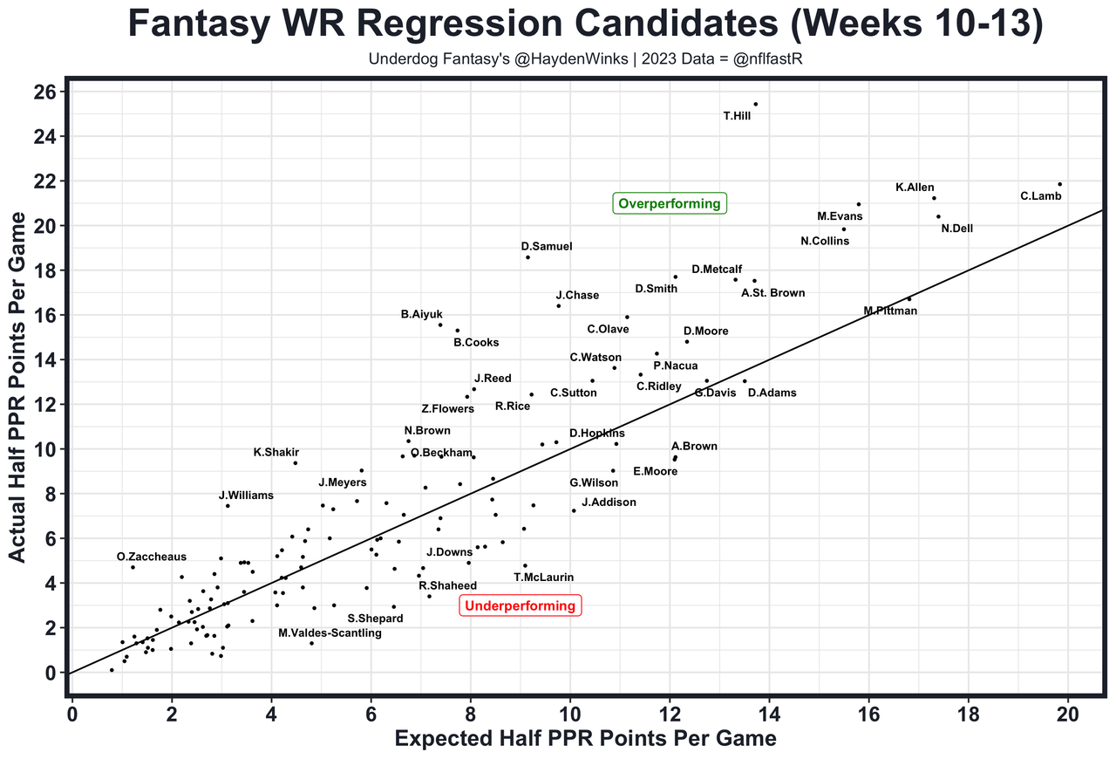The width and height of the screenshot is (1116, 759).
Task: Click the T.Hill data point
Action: pyautogui.click(x=755, y=104)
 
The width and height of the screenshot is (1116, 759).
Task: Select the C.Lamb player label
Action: pyautogui.click(x=1040, y=196)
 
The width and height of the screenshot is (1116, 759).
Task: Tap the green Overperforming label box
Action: pyautogui.click(x=670, y=204)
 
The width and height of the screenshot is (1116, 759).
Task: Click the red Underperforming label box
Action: pyautogui.click(x=520, y=605)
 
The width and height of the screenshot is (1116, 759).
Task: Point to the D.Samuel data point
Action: pyautogui.click(x=527, y=257)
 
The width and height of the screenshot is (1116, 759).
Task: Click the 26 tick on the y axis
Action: pyautogui.click(x=45, y=92)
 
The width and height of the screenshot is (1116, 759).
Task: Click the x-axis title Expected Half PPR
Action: pyautogui.click(x=585, y=739)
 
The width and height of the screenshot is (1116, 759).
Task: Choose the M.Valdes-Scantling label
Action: pyautogui.click(x=330, y=633)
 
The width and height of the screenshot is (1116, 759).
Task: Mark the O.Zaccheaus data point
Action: pyautogui.click(x=133, y=567)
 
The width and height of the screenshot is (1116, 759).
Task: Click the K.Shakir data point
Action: pyautogui.click(x=296, y=462)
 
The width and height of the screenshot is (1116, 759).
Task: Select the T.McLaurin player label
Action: pyautogui.click(x=543, y=577)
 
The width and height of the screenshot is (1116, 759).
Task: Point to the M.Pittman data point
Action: pyautogui.click(x=909, y=298)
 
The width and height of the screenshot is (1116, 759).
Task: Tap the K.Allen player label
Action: pyautogui.click(x=915, y=188)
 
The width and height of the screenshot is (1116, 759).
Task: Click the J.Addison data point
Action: pyautogui.click(x=573, y=510)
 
